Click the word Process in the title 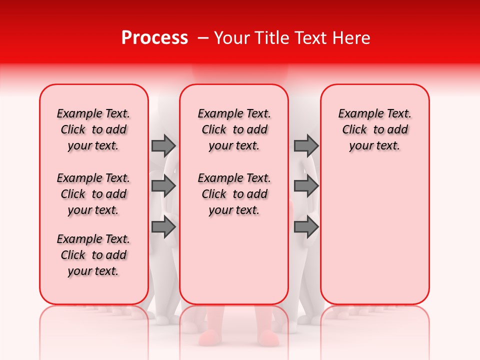(154, 38)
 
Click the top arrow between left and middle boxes (163, 145)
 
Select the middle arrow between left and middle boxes (163, 186)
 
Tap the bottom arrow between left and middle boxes (163, 227)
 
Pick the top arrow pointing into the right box (306, 145)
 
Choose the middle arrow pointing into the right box (306, 186)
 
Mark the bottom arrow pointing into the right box (306, 227)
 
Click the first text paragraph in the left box (93, 129)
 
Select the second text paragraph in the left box (93, 194)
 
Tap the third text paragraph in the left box (93, 255)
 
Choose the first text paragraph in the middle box (234, 129)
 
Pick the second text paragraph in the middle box (234, 194)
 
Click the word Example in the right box (356, 114)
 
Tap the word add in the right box (397, 130)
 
